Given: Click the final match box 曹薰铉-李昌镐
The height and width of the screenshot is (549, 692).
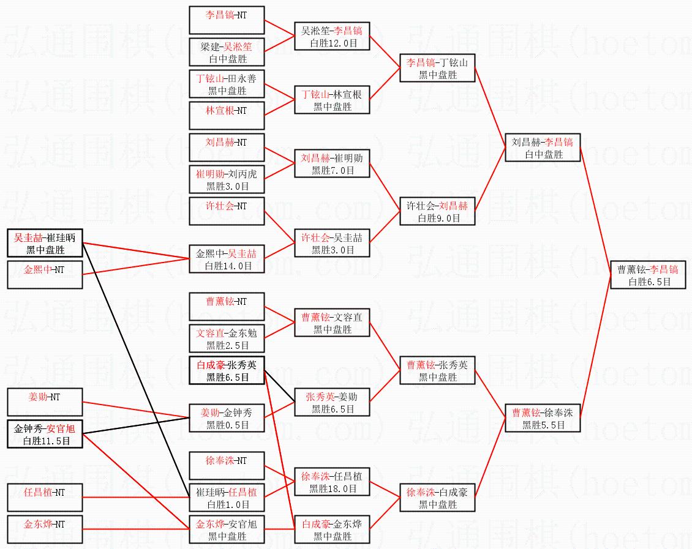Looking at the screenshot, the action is [x=648, y=275].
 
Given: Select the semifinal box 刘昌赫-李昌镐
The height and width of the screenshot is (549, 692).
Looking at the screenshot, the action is [x=543, y=148].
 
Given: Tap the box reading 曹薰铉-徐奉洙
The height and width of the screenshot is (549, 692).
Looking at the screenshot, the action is [x=543, y=418].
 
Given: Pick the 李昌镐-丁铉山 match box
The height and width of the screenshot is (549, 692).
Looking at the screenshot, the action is [x=437, y=68].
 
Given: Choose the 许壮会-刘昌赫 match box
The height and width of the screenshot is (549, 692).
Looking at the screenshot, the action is [x=437, y=211].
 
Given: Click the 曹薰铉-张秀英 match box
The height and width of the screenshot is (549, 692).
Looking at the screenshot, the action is [x=437, y=370].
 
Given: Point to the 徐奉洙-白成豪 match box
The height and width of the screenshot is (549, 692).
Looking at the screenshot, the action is [x=437, y=498].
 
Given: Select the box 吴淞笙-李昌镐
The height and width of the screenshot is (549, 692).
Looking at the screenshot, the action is [x=332, y=36].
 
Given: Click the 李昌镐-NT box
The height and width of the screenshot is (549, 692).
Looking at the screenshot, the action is [x=227, y=20].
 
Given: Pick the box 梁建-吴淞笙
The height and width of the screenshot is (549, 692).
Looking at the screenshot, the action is [x=227, y=52].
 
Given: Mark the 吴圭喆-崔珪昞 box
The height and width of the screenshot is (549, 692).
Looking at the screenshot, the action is [x=45, y=243].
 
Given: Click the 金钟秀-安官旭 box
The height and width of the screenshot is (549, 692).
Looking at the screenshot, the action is [x=45, y=434].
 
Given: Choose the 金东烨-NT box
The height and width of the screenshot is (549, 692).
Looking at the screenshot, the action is [x=45, y=529].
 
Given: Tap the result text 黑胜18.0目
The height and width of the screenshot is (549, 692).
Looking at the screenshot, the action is [x=333, y=488].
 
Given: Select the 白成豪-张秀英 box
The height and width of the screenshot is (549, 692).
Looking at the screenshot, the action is [x=227, y=370].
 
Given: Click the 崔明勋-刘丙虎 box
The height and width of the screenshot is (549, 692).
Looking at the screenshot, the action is [x=227, y=179].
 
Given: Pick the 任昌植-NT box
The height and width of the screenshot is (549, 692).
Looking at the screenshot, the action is [x=45, y=498].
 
